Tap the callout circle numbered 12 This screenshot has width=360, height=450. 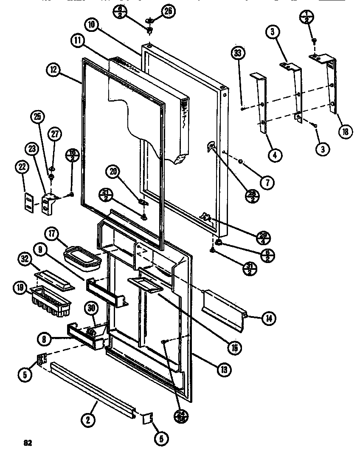[55, 71]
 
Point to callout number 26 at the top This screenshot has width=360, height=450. [168, 11]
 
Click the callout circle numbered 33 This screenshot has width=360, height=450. [239, 54]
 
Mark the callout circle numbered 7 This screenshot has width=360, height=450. [267, 183]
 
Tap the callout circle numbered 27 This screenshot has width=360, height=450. [54, 135]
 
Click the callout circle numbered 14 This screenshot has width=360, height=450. [268, 318]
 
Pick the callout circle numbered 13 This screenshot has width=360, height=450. [224, 369]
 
